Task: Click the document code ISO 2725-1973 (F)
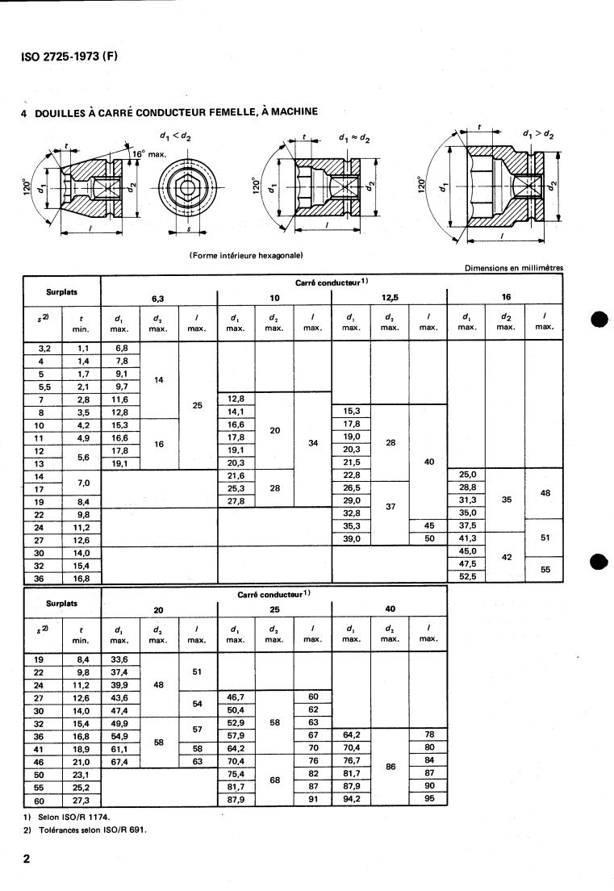click(69, 57)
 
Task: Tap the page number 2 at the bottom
click(27, 859)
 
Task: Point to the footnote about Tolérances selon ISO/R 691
click(79, 830)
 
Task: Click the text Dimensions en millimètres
click(513, 268)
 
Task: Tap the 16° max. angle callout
click(149, 153)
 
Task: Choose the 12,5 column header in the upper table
click(390, 297)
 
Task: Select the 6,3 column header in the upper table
click(159, 297)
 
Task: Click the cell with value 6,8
click(122, 348)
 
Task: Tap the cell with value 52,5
click(466, 577)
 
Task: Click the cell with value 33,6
click(121, 658)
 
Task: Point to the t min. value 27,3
click(81, 800)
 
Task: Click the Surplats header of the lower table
click(62, 602)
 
